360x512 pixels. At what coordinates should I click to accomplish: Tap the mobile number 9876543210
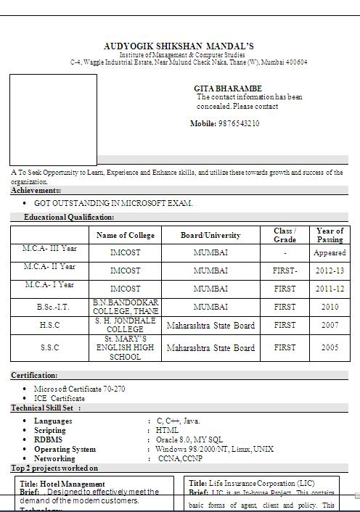coord(238,124)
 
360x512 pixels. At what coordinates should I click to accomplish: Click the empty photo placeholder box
coord(53,120)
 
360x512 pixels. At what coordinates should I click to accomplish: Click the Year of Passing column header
coord(330,235)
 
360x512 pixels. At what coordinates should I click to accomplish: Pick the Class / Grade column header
coord(285,235)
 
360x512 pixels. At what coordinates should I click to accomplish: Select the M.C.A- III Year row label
coord(50,249)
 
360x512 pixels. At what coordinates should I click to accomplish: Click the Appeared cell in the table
coord(330,253)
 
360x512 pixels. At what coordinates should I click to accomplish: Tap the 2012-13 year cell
coord(330,271)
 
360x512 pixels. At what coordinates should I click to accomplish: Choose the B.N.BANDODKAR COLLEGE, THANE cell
coord(126,307)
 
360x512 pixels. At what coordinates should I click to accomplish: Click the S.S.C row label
coord(50,348)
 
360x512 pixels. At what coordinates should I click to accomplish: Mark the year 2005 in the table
coord(330,348)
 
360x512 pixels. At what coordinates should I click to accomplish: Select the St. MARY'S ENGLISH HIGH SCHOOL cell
coord(126,348)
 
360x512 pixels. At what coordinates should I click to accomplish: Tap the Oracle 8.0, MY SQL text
coord(189,439)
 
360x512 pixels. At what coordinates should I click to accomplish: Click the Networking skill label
coord(54,458)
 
